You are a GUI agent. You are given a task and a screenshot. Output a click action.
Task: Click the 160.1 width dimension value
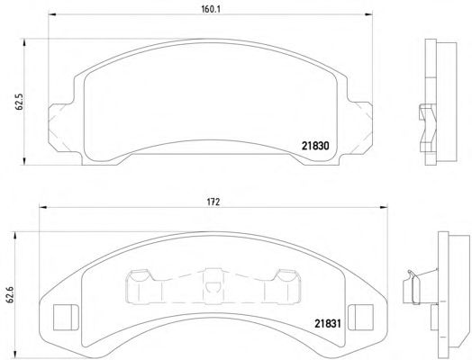tap(211, 9)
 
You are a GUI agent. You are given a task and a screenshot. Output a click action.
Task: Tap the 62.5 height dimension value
tap(19, 103)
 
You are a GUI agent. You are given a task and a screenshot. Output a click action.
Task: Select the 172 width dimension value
tap(213, 202)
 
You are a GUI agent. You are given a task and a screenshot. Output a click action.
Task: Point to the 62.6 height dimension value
tap(10, 294)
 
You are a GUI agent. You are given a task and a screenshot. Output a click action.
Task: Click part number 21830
tap(315, 146)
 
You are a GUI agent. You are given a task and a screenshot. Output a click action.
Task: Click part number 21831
tap(328, 324)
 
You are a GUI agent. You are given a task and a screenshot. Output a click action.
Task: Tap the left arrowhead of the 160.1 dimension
tap(52, 14)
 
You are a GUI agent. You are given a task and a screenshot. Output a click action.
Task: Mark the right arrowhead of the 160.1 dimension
tap(368, 14)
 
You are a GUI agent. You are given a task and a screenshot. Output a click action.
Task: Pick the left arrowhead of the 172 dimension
tap(43, 207)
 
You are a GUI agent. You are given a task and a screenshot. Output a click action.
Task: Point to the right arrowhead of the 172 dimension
tap(384, 207)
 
